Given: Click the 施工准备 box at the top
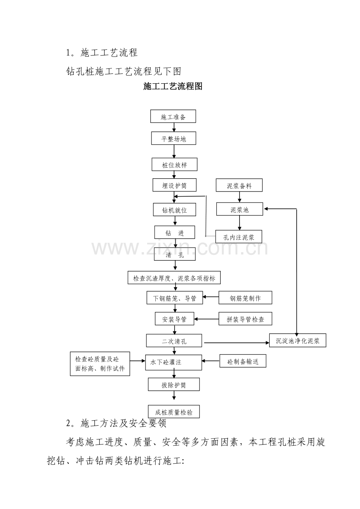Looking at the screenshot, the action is [x=173, y=116].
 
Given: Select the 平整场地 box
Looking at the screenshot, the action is [x=173, y=138].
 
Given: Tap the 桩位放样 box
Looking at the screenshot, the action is [x=175, y=165].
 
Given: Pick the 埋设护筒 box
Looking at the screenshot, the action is [x=175, y=185].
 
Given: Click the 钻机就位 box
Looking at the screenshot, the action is [x=175, y=210].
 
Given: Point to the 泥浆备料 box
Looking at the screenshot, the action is [x=239, y=185].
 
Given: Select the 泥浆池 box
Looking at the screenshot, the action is [x=239, y=209].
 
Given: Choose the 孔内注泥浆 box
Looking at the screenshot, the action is [x=239, y=237].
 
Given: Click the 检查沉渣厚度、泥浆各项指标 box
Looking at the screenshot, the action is [x=174, y=278].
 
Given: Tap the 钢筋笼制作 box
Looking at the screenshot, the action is [x=245, y=298].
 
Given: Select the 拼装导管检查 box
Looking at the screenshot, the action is [x=245, y=319].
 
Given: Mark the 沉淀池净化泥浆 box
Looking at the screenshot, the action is [x=298, y=341].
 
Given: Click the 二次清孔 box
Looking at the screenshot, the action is [x=174, y=341].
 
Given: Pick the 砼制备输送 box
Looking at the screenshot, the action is [x=243, y=361].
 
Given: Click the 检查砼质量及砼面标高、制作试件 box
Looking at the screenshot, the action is [x=100, y=364].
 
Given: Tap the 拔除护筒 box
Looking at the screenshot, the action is [x=174, y=384].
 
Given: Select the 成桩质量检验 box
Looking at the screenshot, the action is [x=174, y=412].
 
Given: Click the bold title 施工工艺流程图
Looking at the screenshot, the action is [x=173, y=86].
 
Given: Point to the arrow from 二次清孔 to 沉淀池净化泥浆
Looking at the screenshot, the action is [x=236, y=343].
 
